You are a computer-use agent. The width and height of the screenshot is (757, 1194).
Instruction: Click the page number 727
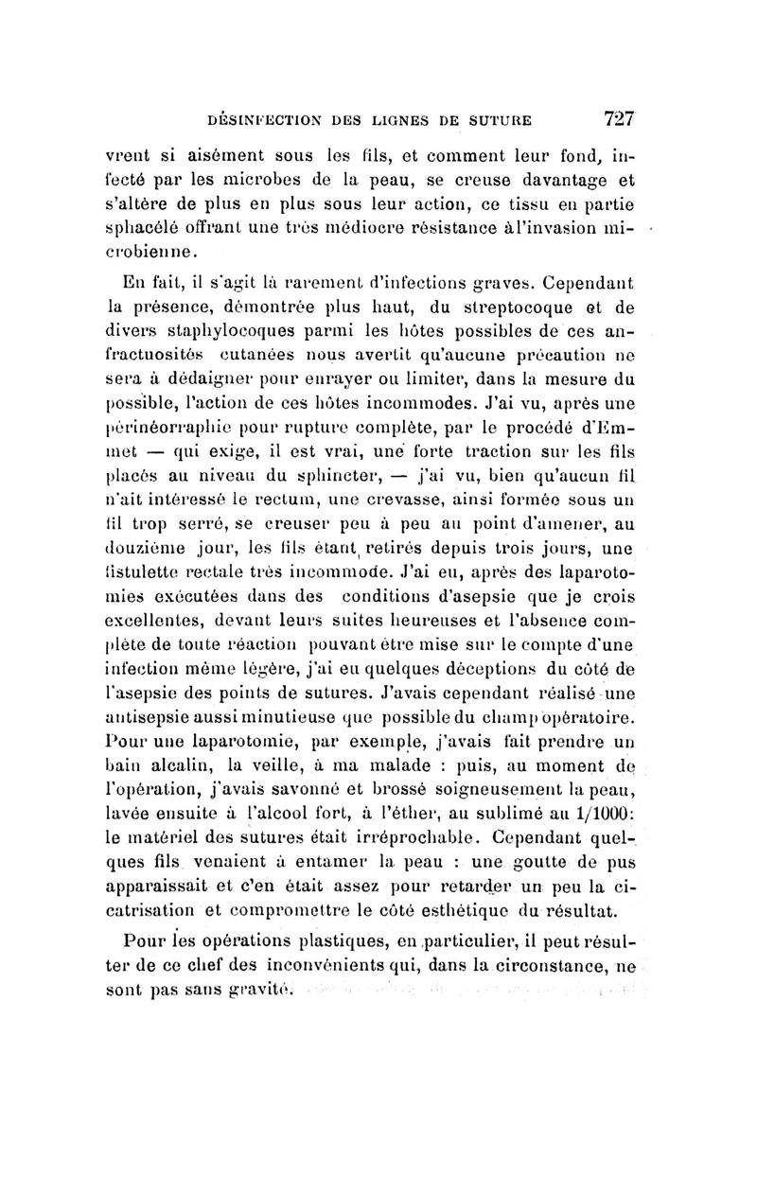coord(618,118)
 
